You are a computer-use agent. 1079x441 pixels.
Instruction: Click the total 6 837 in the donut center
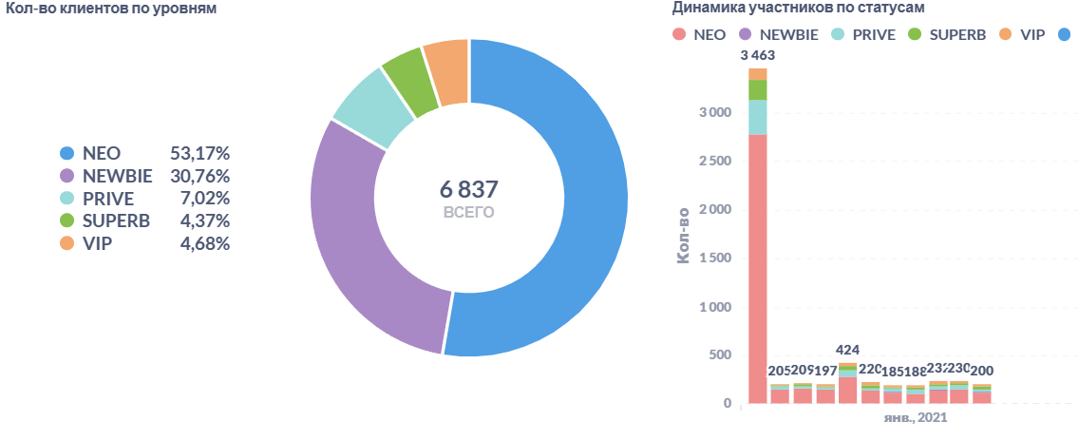pos(469,188)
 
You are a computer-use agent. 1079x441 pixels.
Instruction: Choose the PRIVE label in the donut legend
pos(108,199)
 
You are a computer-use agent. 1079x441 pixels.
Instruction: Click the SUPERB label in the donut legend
pos(116,221)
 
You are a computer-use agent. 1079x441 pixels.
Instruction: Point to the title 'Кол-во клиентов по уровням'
pos(108,10)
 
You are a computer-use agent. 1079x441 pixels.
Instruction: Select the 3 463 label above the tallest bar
pos(758,55)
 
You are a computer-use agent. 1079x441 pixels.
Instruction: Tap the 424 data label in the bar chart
pos(848,349)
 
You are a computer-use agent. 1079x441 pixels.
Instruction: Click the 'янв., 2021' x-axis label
pos(915,418)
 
